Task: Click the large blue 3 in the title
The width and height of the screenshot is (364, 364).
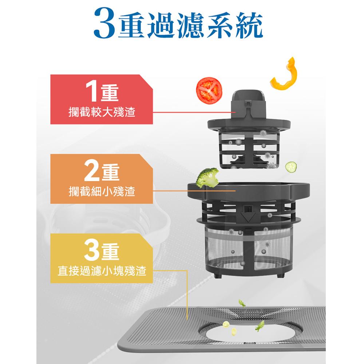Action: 104,23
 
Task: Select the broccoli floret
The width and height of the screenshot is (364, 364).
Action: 207,177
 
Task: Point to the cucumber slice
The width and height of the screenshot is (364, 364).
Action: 291,167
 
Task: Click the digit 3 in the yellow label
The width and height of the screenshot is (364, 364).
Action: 92,251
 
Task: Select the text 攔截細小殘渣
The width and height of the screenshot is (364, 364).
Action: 102,192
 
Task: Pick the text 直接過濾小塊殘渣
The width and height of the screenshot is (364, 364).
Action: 102,271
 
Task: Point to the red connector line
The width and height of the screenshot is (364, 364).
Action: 194,112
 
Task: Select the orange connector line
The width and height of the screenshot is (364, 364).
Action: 194,191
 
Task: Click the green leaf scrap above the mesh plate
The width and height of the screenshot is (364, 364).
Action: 242,303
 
